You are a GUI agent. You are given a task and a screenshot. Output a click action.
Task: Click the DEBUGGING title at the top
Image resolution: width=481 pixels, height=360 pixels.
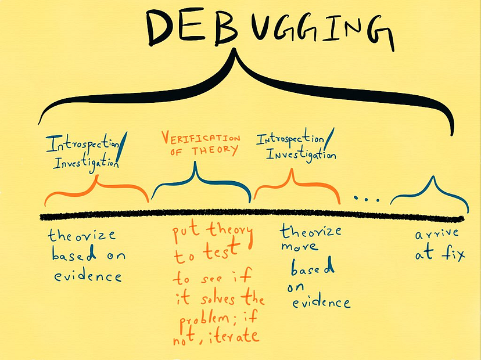270,29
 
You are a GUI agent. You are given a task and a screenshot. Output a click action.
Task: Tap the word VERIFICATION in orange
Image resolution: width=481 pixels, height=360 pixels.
201,139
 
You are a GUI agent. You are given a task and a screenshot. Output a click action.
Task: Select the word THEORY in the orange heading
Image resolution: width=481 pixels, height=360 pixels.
215,151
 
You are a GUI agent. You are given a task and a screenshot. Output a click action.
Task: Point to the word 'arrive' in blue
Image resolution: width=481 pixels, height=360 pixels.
437,234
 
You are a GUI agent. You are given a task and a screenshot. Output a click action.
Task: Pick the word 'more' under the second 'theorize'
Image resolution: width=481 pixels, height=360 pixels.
299,247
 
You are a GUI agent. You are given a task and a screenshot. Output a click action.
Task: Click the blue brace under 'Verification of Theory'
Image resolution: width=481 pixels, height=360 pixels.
202,184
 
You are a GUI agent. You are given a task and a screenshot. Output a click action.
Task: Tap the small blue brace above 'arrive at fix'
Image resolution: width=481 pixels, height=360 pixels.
429,193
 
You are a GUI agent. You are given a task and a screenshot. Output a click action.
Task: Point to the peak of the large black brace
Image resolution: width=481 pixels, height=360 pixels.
235,49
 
